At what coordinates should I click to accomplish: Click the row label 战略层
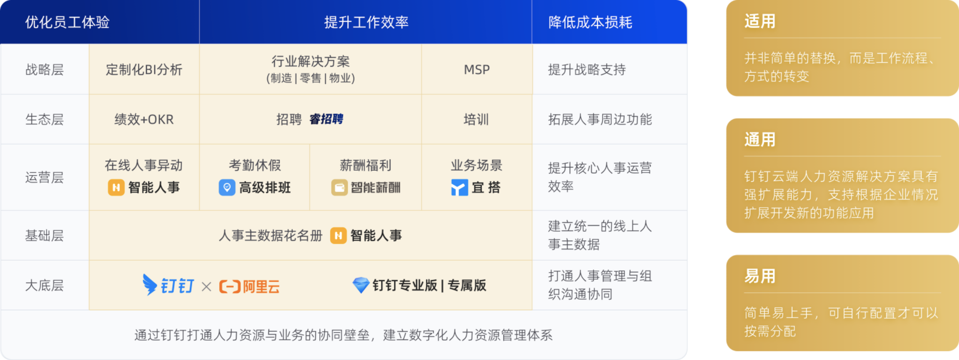[x=44, y=70]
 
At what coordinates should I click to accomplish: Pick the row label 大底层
[x=44, y=285]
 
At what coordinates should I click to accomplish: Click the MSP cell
[x=477, y=70]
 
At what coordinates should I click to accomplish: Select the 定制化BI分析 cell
[x=144, y=70]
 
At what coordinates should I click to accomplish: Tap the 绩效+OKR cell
[x=144, y=120]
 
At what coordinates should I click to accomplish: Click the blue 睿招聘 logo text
[x=326, y=119]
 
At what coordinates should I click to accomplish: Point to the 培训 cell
[x=476, y=120]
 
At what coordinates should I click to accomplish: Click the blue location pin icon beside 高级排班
[x=227, y=187]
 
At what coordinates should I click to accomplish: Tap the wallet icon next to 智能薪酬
[x=339, y=187]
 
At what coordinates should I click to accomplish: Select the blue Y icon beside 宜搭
[x=459, y=187]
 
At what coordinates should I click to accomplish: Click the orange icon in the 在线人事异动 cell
[x=116, y=187]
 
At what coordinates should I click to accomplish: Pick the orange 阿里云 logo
[x=249, y=287]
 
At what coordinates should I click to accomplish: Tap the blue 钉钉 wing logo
[x=150, y=285]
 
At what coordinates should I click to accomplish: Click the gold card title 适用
[x=760, y=21]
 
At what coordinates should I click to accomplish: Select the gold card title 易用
[x=760, y=276]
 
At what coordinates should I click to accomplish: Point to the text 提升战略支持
[x=587, y=70]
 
